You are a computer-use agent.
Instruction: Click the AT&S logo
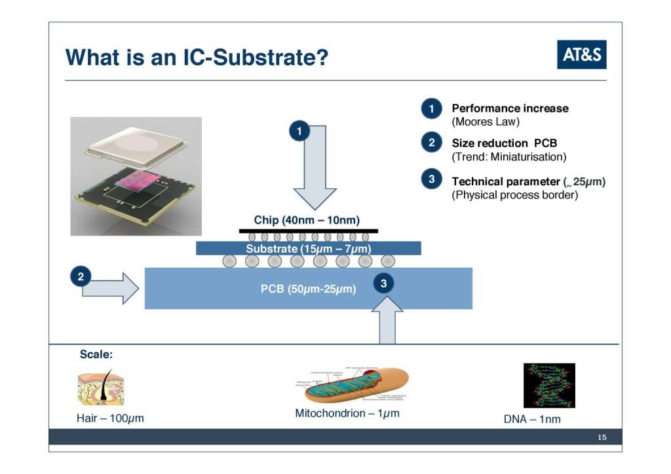[x=582, y=55]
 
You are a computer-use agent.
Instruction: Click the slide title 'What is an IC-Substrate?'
[x=197, y=58]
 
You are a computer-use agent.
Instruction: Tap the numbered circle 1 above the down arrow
[x=299, y=131]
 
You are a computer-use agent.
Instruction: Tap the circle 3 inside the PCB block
[x=385, y=283]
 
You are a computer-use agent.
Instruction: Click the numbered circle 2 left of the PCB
[x=81, y=276]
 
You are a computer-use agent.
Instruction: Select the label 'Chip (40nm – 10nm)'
[x=307, y=220]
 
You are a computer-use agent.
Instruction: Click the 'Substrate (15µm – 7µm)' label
[x=308, y=249]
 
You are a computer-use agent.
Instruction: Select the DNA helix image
[x=549, y=386]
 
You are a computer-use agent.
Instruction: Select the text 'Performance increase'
[x=510, y=108]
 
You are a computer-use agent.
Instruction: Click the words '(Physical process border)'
[x=515, y=195]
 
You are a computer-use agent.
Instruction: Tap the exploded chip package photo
[x=136, y=175]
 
